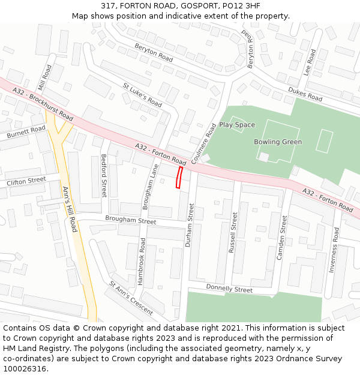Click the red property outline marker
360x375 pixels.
tap(179, 178)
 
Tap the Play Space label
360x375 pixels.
tap(237, 125)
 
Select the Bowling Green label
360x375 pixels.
tap(278, 142)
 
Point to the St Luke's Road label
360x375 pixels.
tap(142, 95)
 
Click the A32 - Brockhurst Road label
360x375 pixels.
tap(42, 104)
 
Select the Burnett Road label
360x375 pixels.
tap(26, 133)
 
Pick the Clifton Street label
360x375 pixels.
tap(26, 180)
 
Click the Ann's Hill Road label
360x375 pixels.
tap(70, 209)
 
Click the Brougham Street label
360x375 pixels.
tap(130, 220)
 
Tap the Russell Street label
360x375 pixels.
tap(234, 232)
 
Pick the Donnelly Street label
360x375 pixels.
tap(229, 289)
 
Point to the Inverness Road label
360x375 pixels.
tap(334, 250)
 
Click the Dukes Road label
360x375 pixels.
tap(305, 94)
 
